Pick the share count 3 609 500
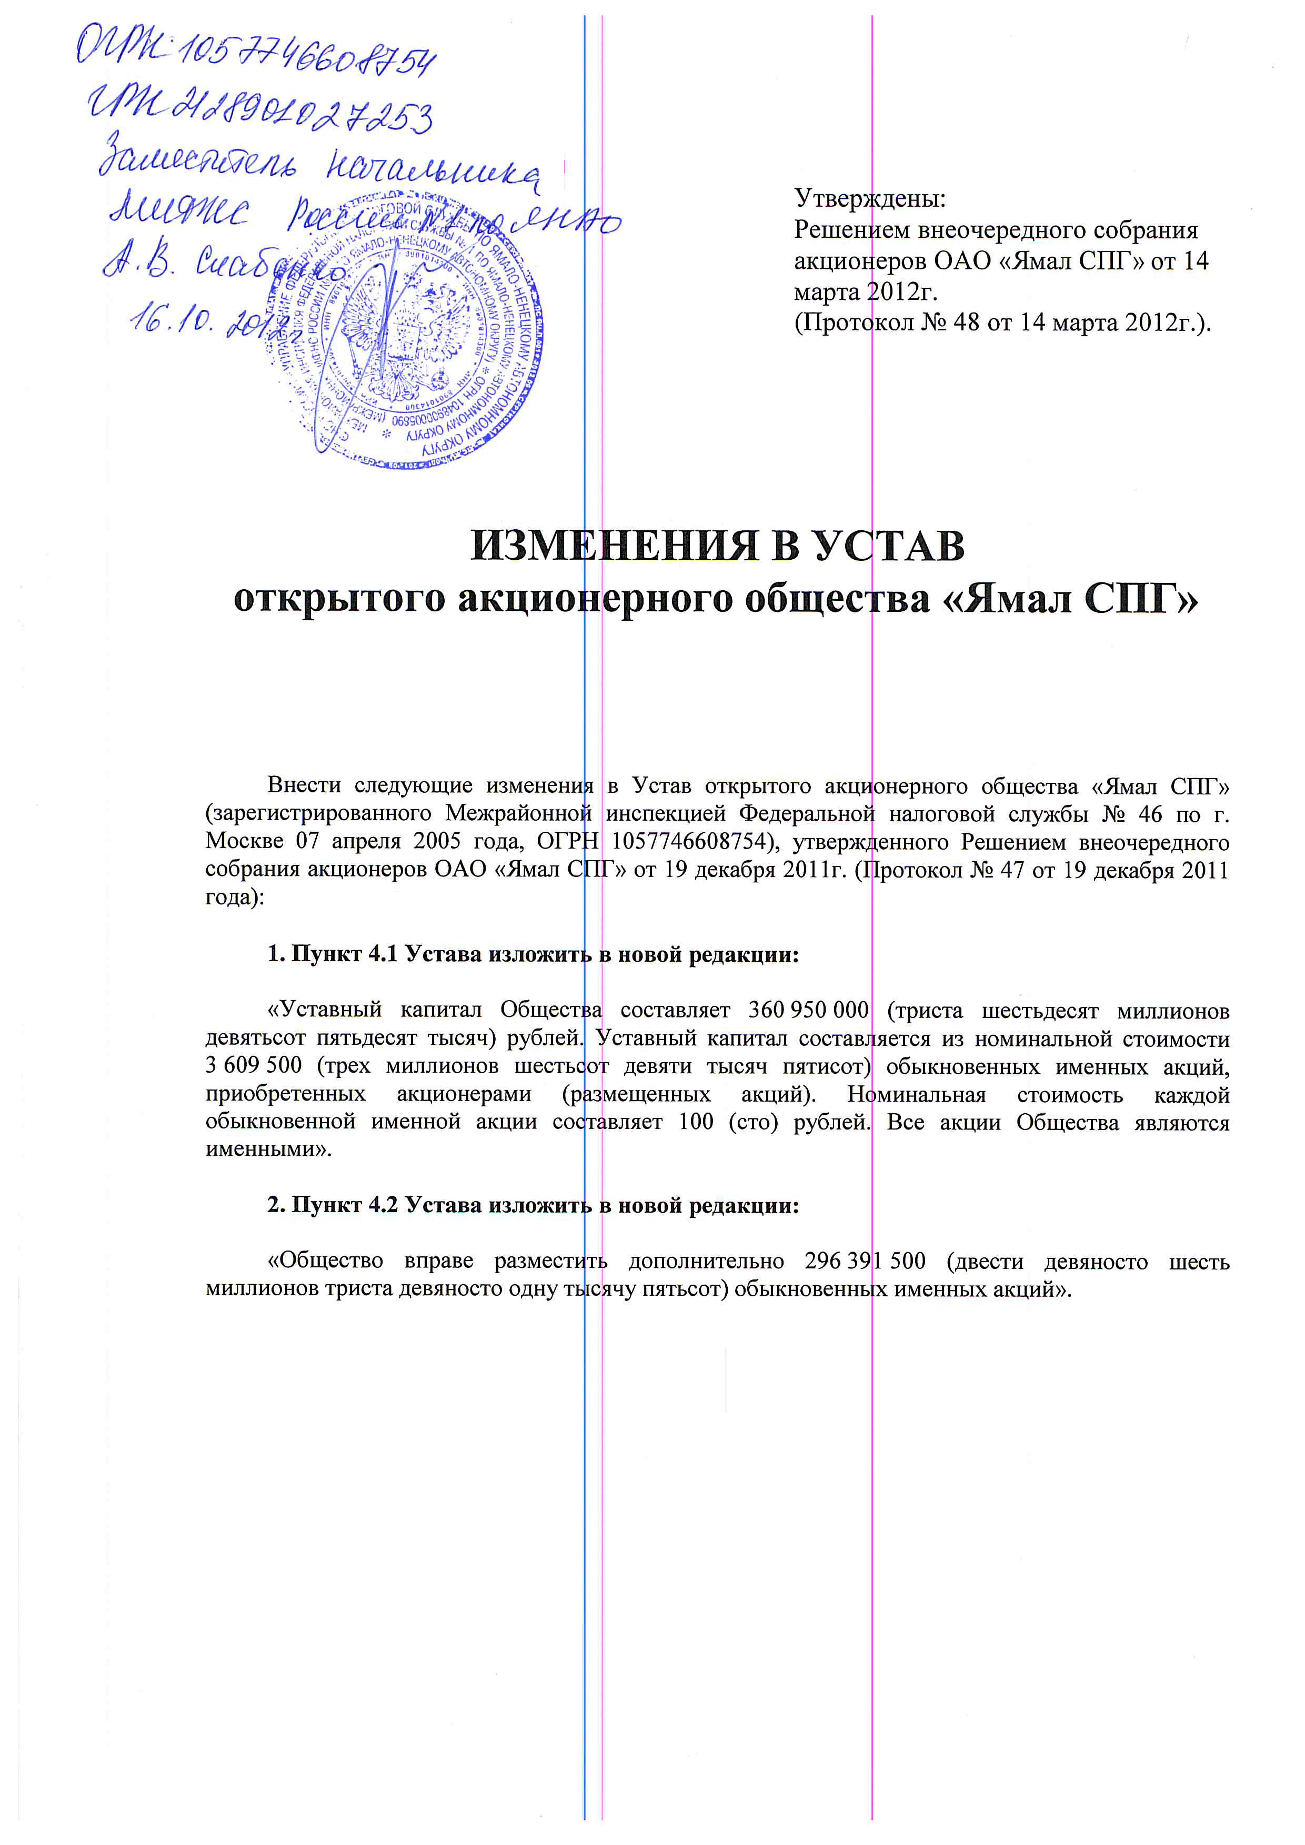pyautogui.click(x=254, y=1065)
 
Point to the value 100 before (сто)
pyautogui.click(x=696, y=1122)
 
